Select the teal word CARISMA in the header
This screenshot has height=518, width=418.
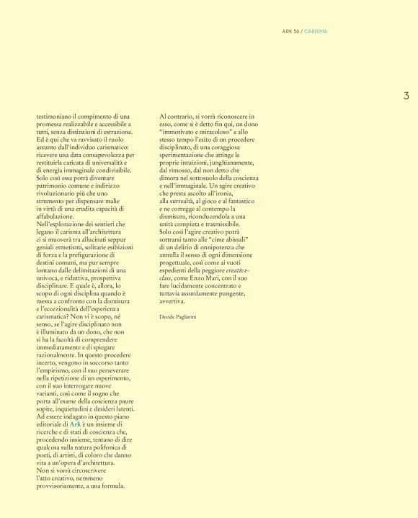[316, 31]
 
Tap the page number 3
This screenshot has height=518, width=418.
[406, 96]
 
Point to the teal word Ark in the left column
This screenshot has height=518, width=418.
[74, 425]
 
